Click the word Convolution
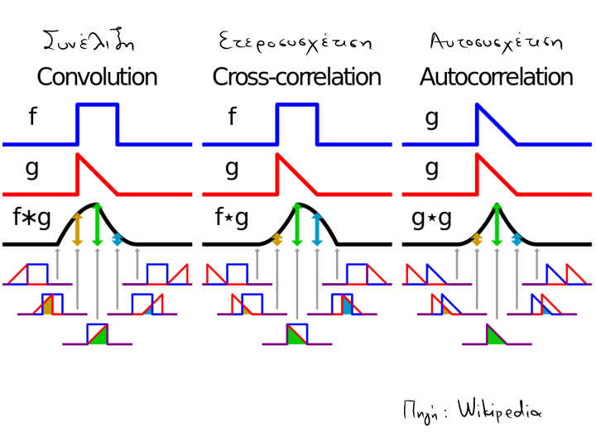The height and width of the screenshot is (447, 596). (x=97, y=78)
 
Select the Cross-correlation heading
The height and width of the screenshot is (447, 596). (x=296, y=78)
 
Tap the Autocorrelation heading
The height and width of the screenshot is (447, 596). (x=496, y=78)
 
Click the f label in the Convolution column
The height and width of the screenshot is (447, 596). (x=31, y=118)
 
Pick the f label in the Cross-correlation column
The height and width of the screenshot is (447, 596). (x=231, y=118)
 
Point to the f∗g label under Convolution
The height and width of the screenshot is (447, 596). (x=32, y=219)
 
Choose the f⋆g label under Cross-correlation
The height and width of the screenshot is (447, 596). (x=232, y=219)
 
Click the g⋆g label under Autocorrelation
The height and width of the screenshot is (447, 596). (x=431, y=219)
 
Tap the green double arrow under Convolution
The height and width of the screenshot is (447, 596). (x=98, y=224)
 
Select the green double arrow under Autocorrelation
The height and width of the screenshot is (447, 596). (x=496, y=224)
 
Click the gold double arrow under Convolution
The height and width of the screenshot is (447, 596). (x=77, y=228)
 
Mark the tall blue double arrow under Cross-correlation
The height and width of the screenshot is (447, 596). (x=316, y=228)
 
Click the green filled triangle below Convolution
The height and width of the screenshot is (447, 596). (x=99, y=336)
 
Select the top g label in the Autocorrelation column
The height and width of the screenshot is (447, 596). (x=431, y=118)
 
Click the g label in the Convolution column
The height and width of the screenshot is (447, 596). (x=32, y=168)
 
